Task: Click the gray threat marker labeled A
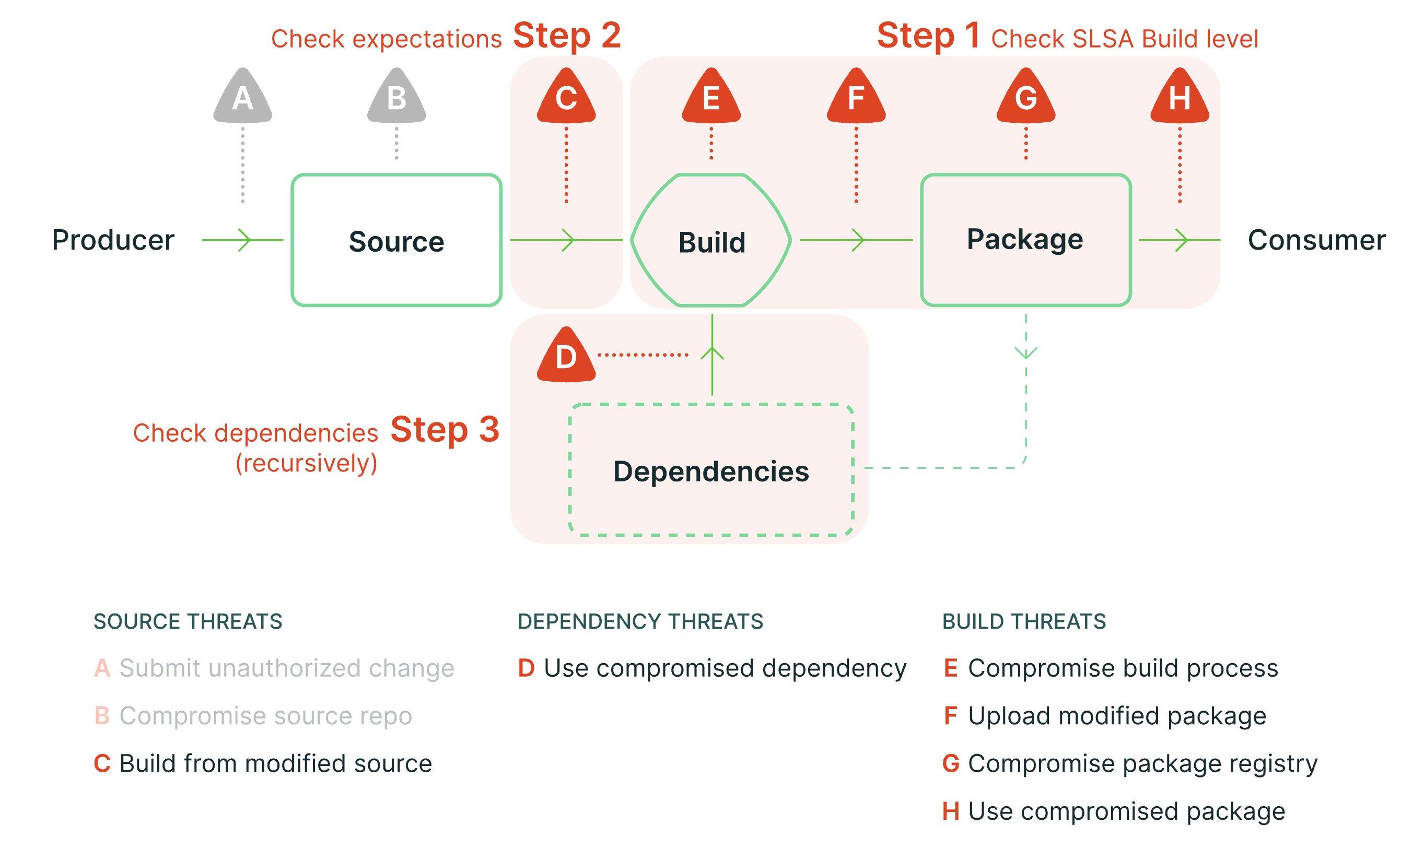(243, 97)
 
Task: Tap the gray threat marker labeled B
(396, 97)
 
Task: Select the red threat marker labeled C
(566, 97)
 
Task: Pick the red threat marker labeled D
(566, 357)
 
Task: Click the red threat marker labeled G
(1025, 97)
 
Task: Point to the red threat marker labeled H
(1180, 97)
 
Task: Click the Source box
(396, 240)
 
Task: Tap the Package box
(1025, 239)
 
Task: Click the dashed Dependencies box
(711, 471)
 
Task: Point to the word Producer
(113, 240)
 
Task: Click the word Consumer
(1316, 240)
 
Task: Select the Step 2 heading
(566, 36)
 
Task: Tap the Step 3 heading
(444, 429)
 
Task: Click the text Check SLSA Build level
(1124, 39)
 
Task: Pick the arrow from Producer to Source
(243, 240)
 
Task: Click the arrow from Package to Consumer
(1179, 240)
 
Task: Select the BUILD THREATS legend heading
(1023, 621)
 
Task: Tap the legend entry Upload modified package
(1116, 716)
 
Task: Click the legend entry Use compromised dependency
(724, 668)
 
